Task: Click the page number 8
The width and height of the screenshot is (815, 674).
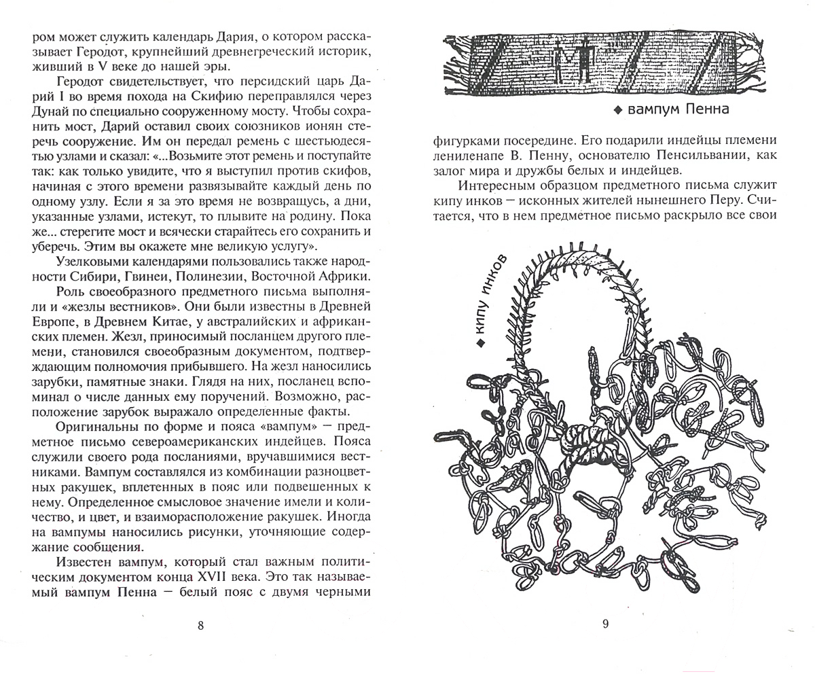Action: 200,626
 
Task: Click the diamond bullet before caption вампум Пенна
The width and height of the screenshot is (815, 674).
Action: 617,111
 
